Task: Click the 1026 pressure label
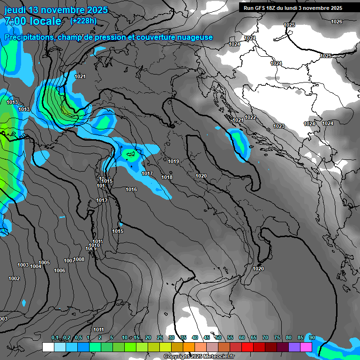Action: pos(337,22)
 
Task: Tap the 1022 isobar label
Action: pos(250,117)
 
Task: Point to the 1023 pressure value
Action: pos(279,126)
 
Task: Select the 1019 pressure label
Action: pos(173,161)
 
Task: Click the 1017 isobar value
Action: pos(147,174)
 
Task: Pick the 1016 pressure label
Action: pos(131,189)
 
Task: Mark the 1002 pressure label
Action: pos(14,279)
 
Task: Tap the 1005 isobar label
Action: pos(44,262)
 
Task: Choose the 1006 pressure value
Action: pos(60,270)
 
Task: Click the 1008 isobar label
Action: pos(79,259)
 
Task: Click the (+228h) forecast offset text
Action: pos(83,21)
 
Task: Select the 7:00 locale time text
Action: pos(33,21)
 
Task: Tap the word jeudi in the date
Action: pos(17,10)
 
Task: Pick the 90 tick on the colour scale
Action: pos(312,338)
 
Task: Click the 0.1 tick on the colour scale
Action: pos(55,338)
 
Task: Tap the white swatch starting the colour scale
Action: pos(48,347)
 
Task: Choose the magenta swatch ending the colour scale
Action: pos(306,347)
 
